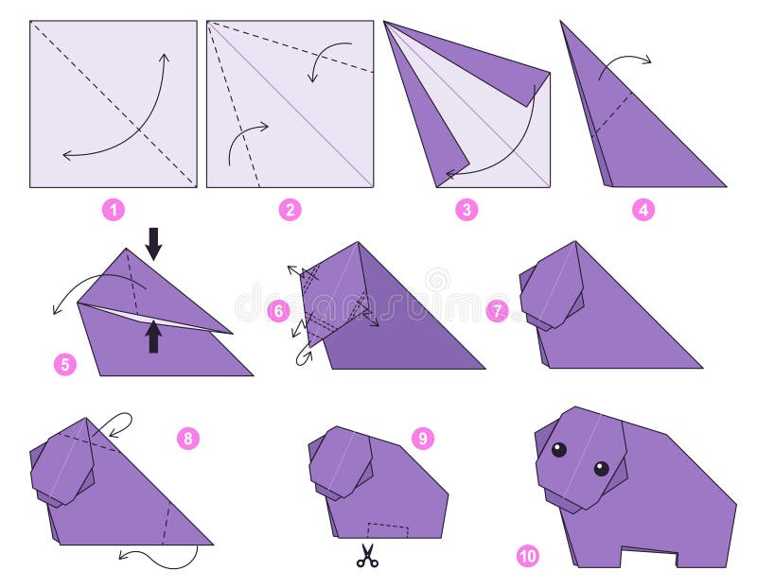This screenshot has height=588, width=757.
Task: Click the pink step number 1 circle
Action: point(114,210)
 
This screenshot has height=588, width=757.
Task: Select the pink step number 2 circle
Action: point(290,210)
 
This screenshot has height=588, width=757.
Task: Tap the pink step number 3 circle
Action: point(467,210)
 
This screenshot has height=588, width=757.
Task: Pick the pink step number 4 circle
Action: point(643,210)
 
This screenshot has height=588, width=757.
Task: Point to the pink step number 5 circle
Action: point(64,363)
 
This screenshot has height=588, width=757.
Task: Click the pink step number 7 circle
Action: point(498,311)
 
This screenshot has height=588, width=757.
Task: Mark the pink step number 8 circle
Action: point(188,438)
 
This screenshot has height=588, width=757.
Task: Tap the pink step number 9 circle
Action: point(423,438)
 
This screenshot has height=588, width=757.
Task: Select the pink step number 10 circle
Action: point(528,557)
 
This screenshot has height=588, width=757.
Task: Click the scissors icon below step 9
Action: point(367,557)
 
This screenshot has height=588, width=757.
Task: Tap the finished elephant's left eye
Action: point(559,450)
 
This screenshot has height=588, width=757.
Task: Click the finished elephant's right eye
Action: point(602,468)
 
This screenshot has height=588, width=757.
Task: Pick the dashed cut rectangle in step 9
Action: point(387,529)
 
